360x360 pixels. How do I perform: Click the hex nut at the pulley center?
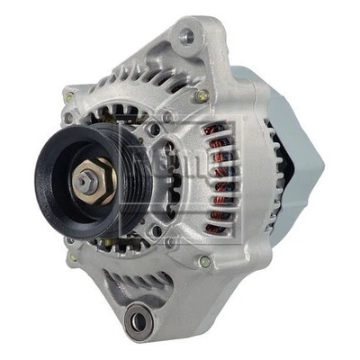(86, 181)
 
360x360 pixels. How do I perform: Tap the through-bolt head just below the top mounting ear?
(200, 95)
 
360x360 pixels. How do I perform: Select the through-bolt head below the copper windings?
(205, 261)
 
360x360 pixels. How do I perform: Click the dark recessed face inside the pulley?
(67, 193)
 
